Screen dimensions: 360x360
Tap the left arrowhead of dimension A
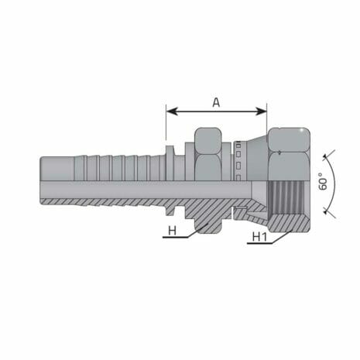[170, 112]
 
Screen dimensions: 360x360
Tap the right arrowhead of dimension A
[262, 112]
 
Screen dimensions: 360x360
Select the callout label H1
[258, 237]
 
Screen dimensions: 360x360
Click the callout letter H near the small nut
[171, 230]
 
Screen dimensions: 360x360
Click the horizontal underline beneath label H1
[259, 244]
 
